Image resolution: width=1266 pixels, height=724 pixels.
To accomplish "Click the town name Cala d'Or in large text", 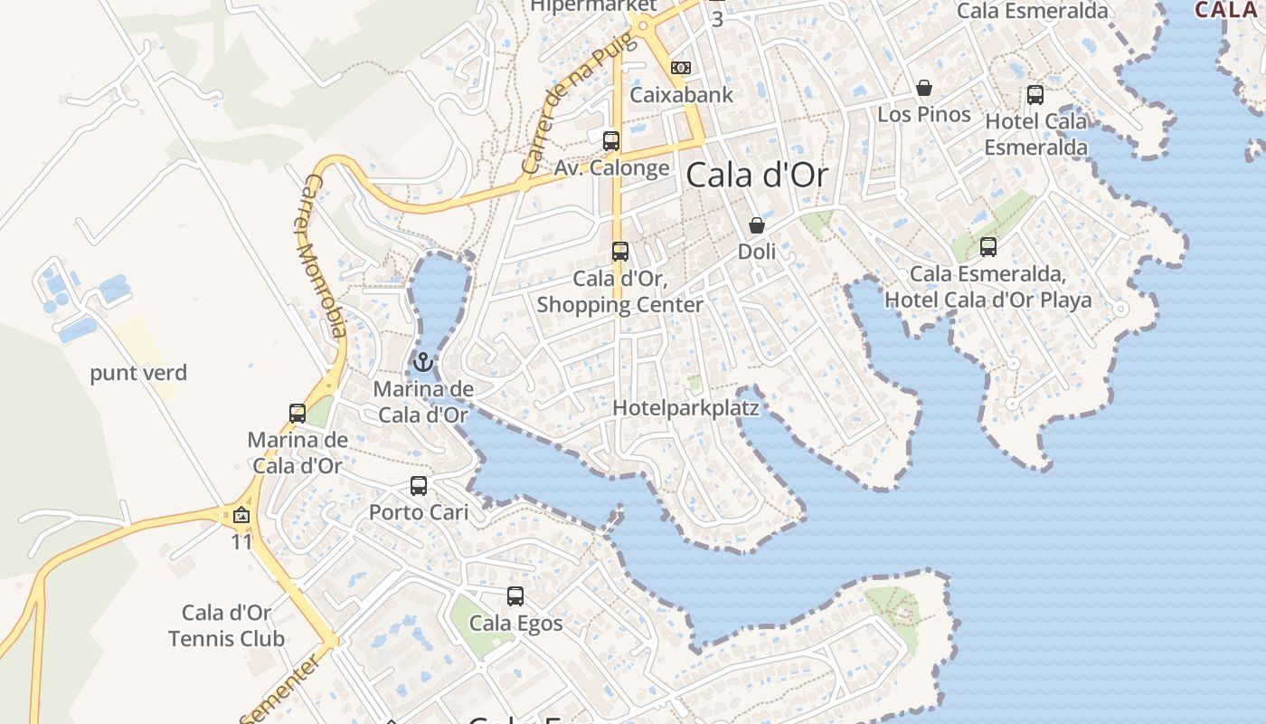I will click(x=757, y=175).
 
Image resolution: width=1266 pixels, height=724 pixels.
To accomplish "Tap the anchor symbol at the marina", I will click(x=422, y=363).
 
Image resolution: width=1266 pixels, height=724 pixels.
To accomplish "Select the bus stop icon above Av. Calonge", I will click(x=611, y=140).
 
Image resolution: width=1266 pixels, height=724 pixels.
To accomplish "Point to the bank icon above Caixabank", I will click(x=681, y=68).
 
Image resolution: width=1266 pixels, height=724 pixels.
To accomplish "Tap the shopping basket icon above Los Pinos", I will click(x=924, y=88).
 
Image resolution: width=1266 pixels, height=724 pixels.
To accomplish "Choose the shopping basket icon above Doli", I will click(x=757, y=225).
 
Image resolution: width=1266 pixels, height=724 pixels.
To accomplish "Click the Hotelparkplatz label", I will click(x=685, y=408).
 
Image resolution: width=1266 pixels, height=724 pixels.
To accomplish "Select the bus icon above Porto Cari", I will click(x=419, y=486).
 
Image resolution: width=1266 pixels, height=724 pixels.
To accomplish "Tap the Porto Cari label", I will click(x=419, y=512).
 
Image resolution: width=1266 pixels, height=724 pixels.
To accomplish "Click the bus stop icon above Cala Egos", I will click(x=515, y=596).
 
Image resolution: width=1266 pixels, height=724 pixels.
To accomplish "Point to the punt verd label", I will click(x=138, y=373).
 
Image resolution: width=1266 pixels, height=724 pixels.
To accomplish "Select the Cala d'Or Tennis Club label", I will click(x=227, y=625).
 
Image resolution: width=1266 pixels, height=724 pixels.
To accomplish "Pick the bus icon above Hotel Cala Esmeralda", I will click(x=1035, y=94).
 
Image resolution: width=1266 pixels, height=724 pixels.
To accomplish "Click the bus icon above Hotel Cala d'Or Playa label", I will click(x=988, y=246).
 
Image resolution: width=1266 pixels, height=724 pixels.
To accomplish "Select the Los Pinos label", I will click(x=924, y=114).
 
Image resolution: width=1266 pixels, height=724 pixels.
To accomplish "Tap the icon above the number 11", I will click(x=241, y=516).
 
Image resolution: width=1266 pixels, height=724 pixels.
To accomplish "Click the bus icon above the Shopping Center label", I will click(x=620, y=252).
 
